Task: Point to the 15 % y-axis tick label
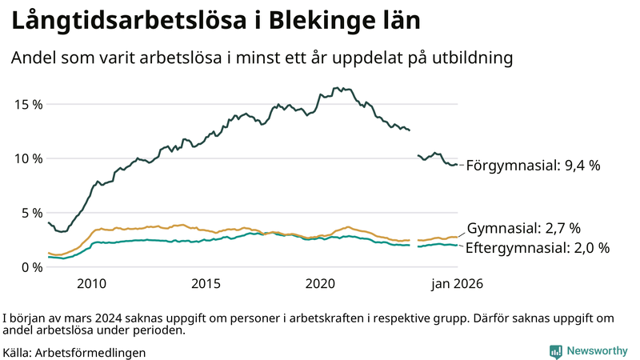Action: (27, 104)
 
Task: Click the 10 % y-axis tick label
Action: (27, 158)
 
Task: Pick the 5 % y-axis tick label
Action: (31, 213)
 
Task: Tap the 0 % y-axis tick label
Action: (31, 267)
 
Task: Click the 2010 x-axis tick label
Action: (91, 283)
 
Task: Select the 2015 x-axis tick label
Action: (206, 283)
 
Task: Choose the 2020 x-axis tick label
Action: (320, 283)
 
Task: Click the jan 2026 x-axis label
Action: (457, 283)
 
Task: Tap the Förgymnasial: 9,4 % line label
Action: (533, 166)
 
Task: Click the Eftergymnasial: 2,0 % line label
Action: (537, 248)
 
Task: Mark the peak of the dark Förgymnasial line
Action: (340, 88)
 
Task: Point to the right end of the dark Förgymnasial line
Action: (457, 165)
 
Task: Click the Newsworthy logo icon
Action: (555, 351)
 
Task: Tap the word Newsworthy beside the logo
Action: (595, 351)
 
